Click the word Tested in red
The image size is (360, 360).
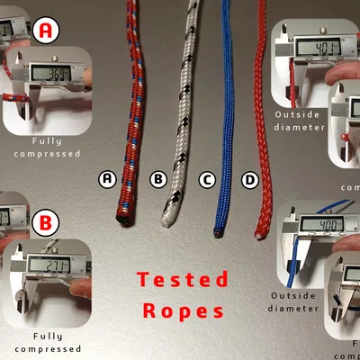[183, 280]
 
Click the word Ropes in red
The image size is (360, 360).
[183, 311]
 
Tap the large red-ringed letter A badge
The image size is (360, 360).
[48, 31]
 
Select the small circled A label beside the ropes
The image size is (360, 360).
[108, 179]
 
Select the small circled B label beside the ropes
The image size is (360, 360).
[157, 180]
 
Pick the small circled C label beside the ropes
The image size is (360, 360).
[207, 180]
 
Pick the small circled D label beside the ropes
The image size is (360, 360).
[251, 180]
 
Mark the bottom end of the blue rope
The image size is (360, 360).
[217, 234]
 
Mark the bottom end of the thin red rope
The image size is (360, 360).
[258, 235]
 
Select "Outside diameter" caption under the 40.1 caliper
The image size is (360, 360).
[298, 121]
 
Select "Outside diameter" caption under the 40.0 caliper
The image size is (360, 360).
[294, 301]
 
